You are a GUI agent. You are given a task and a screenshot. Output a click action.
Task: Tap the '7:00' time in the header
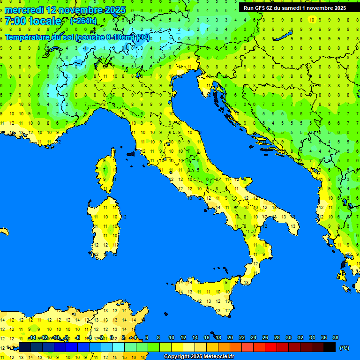tap(15, 21)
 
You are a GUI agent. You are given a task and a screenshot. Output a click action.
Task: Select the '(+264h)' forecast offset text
tap(83, 21)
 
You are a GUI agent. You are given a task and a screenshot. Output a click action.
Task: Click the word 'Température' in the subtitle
tap(27, 37)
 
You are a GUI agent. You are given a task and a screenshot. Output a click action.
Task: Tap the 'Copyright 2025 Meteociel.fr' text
tap(199, 356)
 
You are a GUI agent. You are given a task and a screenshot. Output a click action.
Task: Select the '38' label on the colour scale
tap(335, 337)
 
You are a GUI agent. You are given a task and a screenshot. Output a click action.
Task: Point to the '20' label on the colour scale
tap(230, 337)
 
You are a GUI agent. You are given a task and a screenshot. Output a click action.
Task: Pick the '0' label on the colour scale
tap(111, 337)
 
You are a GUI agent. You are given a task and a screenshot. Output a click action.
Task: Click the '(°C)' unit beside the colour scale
tap(345, 348)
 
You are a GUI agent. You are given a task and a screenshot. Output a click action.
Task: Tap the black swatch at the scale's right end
tap(330, 347)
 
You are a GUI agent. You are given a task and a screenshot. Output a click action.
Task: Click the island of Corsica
tap(107, 171)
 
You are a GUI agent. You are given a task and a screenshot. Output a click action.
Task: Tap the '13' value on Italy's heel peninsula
tap(293, 226)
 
